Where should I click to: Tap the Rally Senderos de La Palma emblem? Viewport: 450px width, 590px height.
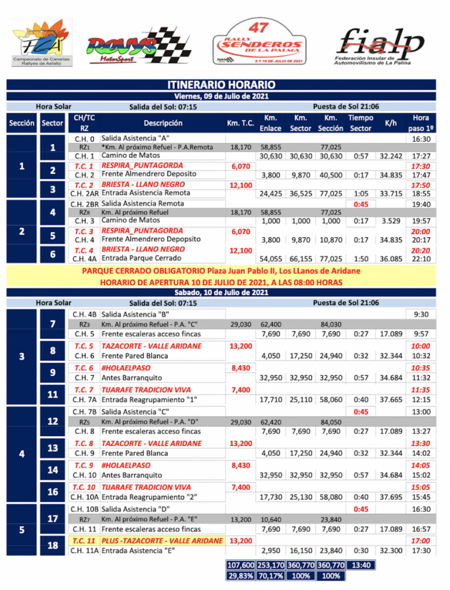[266, 41]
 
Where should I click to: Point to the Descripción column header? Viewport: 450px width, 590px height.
[163, 123]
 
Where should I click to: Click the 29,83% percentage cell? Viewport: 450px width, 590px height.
[241, 576]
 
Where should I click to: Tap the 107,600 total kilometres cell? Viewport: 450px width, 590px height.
[241, 565]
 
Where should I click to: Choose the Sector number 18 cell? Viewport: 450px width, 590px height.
[52, 545]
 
